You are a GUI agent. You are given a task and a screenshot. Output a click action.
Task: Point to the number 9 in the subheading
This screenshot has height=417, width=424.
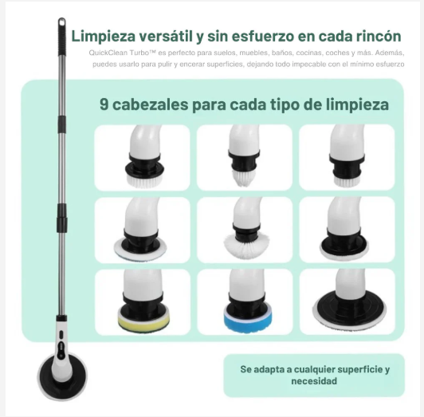pos(104,104)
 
